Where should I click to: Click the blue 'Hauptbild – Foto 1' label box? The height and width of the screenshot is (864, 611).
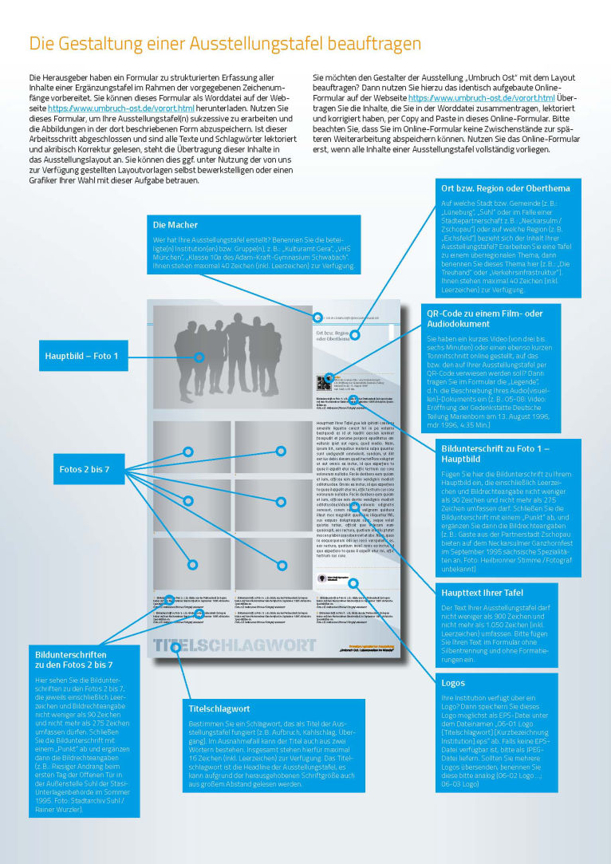81,355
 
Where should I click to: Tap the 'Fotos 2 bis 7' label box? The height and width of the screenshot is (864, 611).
84,469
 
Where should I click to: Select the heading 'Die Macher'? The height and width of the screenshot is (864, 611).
175,225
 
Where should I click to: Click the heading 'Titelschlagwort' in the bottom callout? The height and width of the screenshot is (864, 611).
219,708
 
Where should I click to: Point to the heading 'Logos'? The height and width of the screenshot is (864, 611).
454,683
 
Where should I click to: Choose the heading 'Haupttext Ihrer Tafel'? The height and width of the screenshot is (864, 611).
483,592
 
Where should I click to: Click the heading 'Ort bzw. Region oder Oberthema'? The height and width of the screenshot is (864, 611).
505,188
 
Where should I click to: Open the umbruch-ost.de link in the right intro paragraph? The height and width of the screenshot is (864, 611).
481,97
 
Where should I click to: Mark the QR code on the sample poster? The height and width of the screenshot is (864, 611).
322,382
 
